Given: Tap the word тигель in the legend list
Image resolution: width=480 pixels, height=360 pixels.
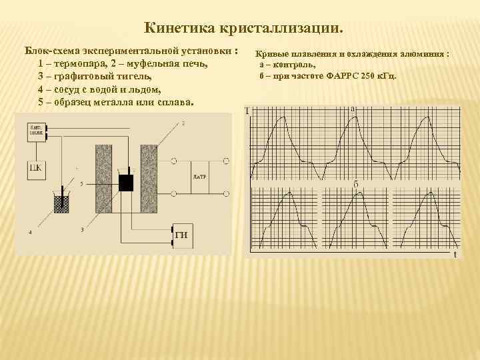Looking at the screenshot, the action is [x=138, y=77].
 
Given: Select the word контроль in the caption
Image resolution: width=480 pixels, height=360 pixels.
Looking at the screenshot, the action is [x=293, y=65].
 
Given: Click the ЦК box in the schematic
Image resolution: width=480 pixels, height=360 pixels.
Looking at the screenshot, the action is [x=35, y=167].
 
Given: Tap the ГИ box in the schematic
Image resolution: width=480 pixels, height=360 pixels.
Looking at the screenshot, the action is [x=181, y=233].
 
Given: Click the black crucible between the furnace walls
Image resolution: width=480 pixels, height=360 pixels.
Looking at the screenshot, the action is [x=125, y=182].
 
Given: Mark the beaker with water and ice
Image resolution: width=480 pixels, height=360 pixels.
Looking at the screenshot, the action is [x=61, y=201].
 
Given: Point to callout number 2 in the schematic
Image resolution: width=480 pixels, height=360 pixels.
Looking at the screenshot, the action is [x=183, y=123].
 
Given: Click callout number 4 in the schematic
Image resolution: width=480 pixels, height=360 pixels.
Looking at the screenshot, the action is [x=30, y=232].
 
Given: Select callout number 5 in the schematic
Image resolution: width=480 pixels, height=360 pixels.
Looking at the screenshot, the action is [x=81, y=183].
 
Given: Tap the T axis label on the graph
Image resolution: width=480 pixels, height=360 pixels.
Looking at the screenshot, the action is [x=247, y=111].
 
